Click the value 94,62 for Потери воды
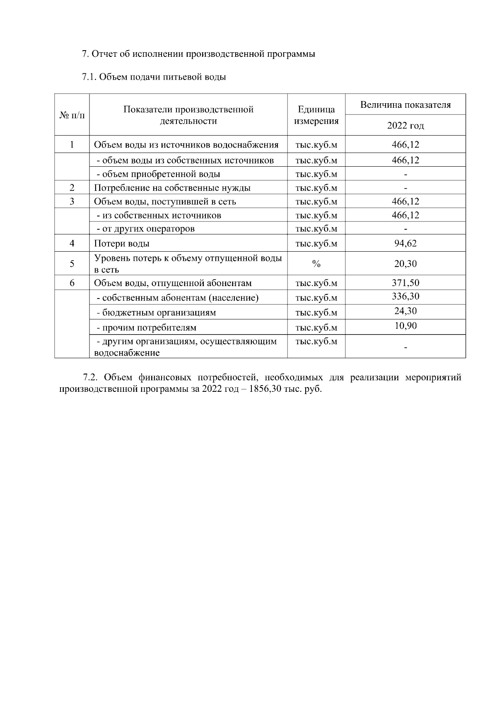point(405,243)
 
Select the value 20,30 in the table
point(405,263)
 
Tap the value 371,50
point(405,283)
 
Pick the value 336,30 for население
point(405,296)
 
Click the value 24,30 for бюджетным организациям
point(405,311)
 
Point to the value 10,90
point(405,325)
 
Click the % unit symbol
point(316,264)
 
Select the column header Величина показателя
point(405,104)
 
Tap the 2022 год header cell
point(405,126)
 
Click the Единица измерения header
point(316,115)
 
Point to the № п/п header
point(72,115)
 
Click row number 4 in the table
point(72,243)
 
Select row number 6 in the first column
point(72,283)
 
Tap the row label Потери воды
point(121,244)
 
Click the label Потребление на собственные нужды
point(172,188)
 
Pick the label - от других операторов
point(145,229)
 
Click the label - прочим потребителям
point(146,328)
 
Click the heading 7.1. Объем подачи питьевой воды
point(154,77)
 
